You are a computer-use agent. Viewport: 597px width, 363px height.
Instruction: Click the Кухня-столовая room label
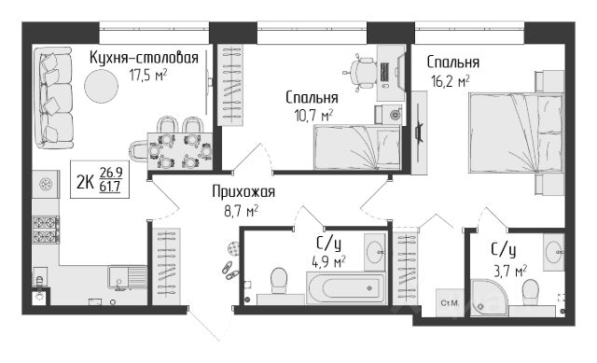point(144,58)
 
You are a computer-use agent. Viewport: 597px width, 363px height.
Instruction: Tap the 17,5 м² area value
point(148,75)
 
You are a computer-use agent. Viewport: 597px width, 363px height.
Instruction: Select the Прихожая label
point(243,191)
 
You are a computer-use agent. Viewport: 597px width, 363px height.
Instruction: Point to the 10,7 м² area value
point(314,115)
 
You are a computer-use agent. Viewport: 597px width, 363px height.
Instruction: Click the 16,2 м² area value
point(450,81)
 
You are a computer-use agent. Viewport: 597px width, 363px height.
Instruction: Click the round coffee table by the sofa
point(102,86)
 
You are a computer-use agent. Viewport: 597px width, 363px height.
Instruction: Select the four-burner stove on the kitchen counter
point(46,230)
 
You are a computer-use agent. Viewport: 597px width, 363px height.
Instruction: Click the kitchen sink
point(128,277)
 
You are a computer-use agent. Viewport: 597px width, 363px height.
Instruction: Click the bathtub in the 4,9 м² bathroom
point(347,288)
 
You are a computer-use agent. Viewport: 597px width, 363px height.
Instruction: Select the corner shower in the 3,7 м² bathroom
point(489,298)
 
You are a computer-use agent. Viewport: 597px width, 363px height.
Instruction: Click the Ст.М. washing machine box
point(450,303)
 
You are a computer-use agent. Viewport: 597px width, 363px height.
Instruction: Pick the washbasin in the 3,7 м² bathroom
point(554,252)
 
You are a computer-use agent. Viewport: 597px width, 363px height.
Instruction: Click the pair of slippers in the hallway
point(230,270)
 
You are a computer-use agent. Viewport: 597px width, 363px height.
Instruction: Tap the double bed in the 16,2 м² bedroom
point(516,133)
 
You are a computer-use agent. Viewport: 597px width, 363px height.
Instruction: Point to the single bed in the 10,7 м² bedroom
point(356,147)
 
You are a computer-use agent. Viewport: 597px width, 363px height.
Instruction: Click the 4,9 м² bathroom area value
point(327,262)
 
